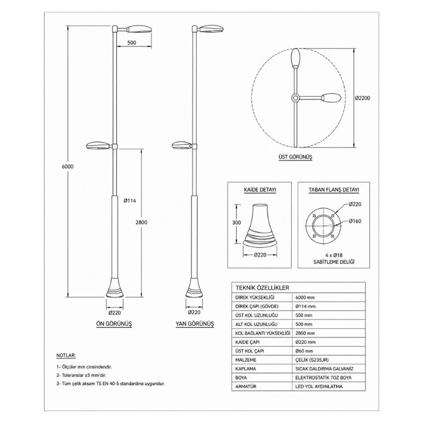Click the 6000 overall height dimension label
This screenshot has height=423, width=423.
[68, 167]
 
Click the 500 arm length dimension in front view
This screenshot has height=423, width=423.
[132, 43]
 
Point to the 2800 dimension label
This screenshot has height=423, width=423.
[141, 222]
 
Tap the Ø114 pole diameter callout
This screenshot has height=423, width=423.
[130, 201]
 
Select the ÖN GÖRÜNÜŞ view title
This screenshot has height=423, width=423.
[114, 324]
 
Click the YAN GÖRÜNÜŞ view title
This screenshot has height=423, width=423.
[195, 324]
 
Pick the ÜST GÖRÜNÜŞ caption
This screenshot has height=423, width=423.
[296, 157]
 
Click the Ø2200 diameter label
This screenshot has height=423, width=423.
[363, 98]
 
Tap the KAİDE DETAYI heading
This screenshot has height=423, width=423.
[260, 190]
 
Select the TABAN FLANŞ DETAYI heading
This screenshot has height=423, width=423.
[334, 190]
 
